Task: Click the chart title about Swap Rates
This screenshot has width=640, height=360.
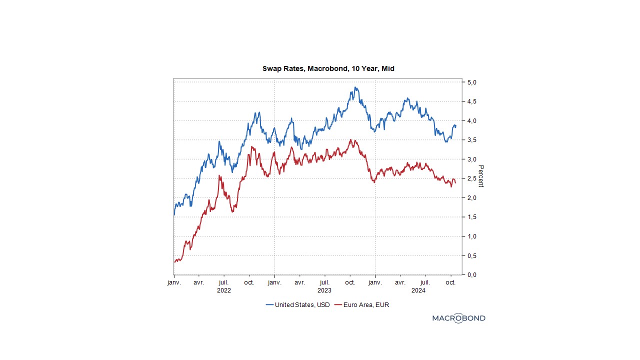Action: pos(328,68)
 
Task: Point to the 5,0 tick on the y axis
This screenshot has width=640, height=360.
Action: pos(471,82)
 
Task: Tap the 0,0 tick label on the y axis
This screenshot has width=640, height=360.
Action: pos(471,274)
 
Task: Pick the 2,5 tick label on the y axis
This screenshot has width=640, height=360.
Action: pos(471,178)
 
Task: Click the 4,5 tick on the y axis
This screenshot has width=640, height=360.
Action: pos(471,101)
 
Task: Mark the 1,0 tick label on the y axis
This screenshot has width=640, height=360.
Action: pos(471,236)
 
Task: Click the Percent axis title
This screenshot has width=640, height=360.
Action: pos(481,176)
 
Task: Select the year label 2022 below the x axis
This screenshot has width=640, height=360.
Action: pos(223,290)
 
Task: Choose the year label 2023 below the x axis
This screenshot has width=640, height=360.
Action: pos(324,290)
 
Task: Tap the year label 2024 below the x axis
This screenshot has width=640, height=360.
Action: pos(418,290)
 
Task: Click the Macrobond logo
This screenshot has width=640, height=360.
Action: pos(458,318)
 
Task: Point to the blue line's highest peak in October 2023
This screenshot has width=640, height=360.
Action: pos(355,87)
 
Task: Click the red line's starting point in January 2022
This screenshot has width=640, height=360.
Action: pos(174,262)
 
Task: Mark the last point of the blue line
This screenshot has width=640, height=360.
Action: pos(455,126)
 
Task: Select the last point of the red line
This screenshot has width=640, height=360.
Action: pos(455,183)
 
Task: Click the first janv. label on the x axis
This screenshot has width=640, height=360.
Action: pos(174,282)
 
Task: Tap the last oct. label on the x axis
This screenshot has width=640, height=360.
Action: pos(450,282)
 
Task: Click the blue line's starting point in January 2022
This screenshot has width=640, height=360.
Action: pos(174,215)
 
